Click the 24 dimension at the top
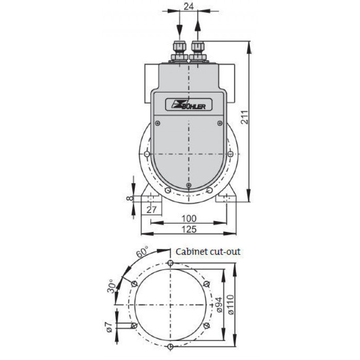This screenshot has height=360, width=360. point(189,6)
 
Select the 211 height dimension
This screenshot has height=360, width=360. point(245,117)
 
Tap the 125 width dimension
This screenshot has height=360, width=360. point(189,229)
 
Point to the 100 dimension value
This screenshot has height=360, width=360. point(189,219)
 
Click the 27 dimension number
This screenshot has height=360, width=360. point(152,210)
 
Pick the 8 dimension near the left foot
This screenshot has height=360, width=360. point(130,198)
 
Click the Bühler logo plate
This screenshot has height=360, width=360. point(189,105)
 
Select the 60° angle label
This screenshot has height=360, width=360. point(142,251)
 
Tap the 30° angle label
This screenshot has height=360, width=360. point(112,286)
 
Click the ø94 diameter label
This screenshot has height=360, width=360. point(219,304)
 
